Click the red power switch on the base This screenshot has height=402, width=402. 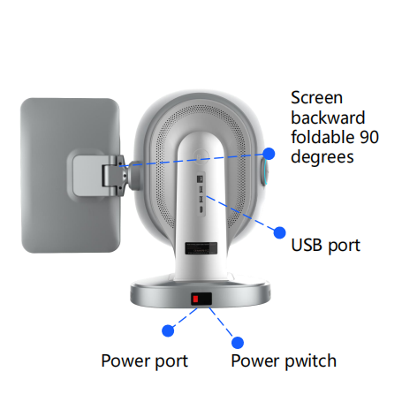point(195,300)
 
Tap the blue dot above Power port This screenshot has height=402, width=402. point(168,330)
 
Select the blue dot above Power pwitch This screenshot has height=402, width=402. point(238,343)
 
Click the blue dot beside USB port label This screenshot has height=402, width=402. point(279,232)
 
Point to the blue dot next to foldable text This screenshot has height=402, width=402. point(269,154)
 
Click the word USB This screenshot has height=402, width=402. point(307,245)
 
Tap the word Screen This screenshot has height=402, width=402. point(317,97)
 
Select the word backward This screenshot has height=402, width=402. point(328,118)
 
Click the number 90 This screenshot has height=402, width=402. point(369,137)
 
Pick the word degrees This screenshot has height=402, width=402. point(322,157)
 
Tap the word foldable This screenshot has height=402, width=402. point(323,137)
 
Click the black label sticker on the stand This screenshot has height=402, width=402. point(201,248)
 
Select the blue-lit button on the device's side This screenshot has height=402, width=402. point(264,172)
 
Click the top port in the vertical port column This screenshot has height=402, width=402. point(201,178)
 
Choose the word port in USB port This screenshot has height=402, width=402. point(344,246)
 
